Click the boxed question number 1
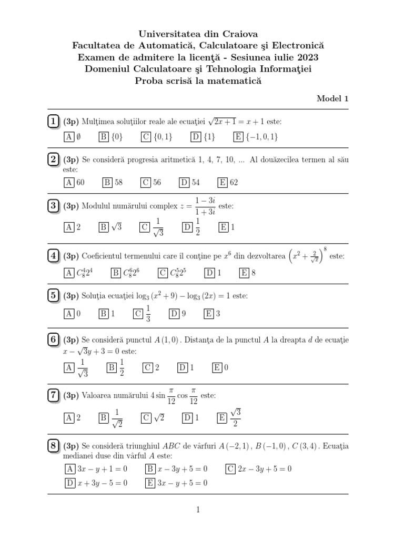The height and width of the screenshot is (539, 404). tap(53, 122)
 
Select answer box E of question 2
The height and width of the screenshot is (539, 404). tap(223, 183)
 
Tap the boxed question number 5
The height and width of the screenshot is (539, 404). tap(53, 296)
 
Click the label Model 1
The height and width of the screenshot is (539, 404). tap(332, 98)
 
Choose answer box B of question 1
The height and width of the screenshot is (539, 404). tap(104, 137)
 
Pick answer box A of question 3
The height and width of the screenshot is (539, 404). tap(68, 227)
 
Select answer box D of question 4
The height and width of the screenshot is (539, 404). tap(209, 273)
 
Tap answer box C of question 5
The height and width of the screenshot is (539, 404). tap(138, 314)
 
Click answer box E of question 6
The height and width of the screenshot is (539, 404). tap(217, 368)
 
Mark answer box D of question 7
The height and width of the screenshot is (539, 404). tap(187, 418)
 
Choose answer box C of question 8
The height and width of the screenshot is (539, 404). tap(230, 468)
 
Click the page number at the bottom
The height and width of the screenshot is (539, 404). tap(198, 510)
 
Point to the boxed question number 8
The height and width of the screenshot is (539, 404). tap(53, 446)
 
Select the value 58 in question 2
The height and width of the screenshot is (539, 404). tap(118, 183)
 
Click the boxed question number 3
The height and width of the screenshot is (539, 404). tap(53, 206)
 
